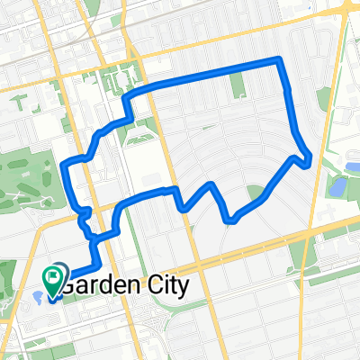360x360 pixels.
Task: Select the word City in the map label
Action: (x=166, y=286)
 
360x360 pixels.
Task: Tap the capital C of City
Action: (x=150, y=286)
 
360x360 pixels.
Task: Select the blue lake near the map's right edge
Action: (x=338, y=187)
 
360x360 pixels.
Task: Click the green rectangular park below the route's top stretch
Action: (x=238, y=85)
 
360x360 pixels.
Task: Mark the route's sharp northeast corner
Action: (x=281, y=60)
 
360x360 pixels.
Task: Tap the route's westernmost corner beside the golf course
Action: (x=62, y=165)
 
